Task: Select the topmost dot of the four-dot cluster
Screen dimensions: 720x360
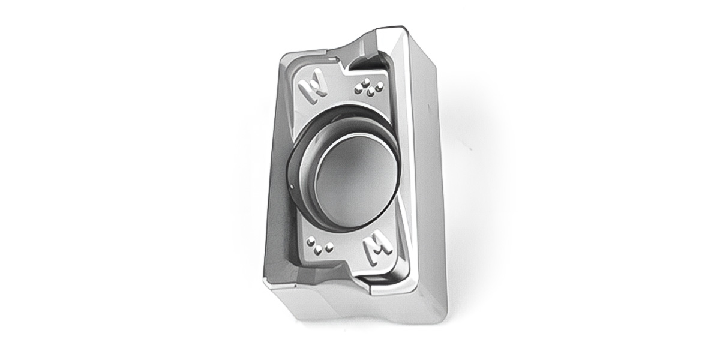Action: tap(365, 82)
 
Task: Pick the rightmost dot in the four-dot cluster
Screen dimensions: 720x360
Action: tap(380, 85)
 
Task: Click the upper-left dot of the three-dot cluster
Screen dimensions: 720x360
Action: tap(311, 241)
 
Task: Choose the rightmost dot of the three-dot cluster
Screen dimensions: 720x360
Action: tap(329, 247)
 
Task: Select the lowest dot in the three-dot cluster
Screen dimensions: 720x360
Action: tap(319, 250)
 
